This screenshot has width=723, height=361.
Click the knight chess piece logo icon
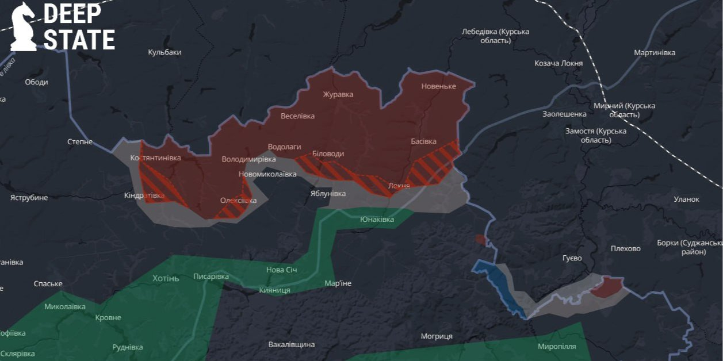[23, 26]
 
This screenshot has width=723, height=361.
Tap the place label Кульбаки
[165, 52]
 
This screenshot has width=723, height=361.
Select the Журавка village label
[338, 94]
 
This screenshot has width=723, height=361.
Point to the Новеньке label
[438, 86]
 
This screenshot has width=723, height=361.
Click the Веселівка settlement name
[297, 116]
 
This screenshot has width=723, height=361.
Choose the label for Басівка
[423, 141]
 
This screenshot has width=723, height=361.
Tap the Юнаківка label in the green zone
[377, 220]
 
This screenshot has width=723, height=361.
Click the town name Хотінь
[166, 279]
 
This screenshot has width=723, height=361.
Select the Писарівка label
[211, 276]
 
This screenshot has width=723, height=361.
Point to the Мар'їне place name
[338, 283]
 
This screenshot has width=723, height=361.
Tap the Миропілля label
[557, 347]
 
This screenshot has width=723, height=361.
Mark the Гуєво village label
[572, 258]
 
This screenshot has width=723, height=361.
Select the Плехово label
[625, 249]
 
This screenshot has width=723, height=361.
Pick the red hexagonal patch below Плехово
[606, 287]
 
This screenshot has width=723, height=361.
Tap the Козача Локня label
[558, 63]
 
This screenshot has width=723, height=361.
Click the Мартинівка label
[655, 53]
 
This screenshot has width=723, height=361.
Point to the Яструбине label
[29, 198]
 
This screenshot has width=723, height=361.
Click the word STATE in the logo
[79, 40]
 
